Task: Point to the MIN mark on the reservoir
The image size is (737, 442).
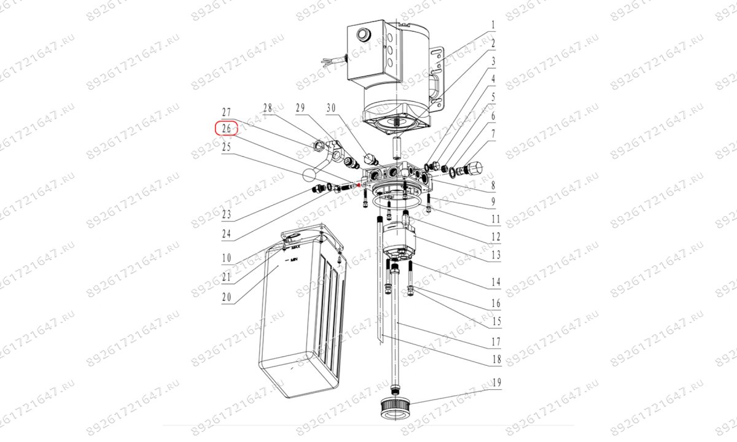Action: click(x=294, y=261)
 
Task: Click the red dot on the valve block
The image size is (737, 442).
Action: click(x=358, y=184)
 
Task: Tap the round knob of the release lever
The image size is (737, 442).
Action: click(x=309, y=174)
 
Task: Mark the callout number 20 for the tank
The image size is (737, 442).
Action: click(x=227, y=298)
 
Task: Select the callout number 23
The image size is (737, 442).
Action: click(x=227, y=215)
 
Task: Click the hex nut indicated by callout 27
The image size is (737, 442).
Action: click(x=319, y=145)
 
